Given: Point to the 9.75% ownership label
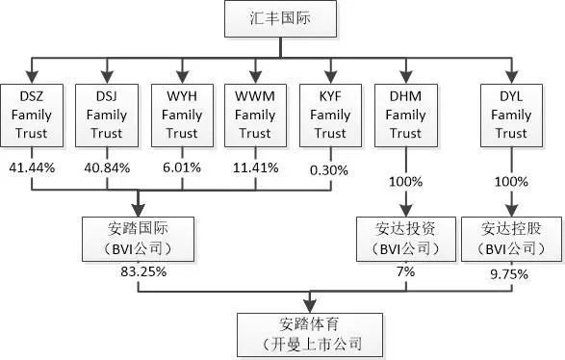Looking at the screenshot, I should [x=511, y=271].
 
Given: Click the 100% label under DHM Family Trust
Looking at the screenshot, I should [x=405, y=181].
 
